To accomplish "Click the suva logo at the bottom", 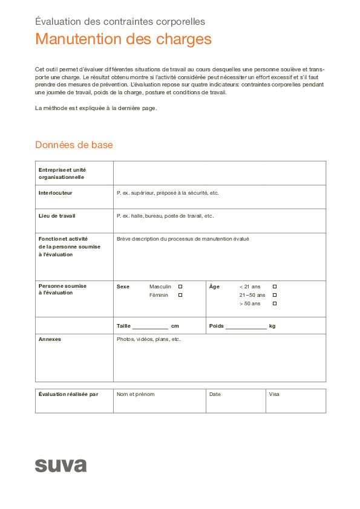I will [x=61, y=465].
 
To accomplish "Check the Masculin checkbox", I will [x=180, y=287].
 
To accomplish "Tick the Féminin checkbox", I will [x=180, y=295].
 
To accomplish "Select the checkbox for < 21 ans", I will [x=275, y=287].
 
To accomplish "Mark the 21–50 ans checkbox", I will [x=275, y=295].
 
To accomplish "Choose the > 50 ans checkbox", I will [x=275, y=303].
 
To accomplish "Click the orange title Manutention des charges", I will [x=123, y=39].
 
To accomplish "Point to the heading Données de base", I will [x=74, y=145].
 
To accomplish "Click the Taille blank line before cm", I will [x=150, y=326].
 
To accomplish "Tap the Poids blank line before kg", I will [x=246, y=326].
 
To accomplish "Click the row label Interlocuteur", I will [x=56, y=193].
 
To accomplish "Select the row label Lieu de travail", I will [x=57, y=216].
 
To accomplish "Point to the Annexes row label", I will [x=50, y=339].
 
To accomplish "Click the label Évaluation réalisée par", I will [x=68, y=394].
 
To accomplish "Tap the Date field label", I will [x=215, y=394].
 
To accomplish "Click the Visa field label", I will [x=274, y=394].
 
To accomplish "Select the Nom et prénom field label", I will [x=136, y=394].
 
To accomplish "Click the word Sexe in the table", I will [x=123, y=287].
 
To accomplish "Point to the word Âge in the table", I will [x=214, y=287].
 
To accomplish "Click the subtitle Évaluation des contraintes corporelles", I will [x=120, y=22].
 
